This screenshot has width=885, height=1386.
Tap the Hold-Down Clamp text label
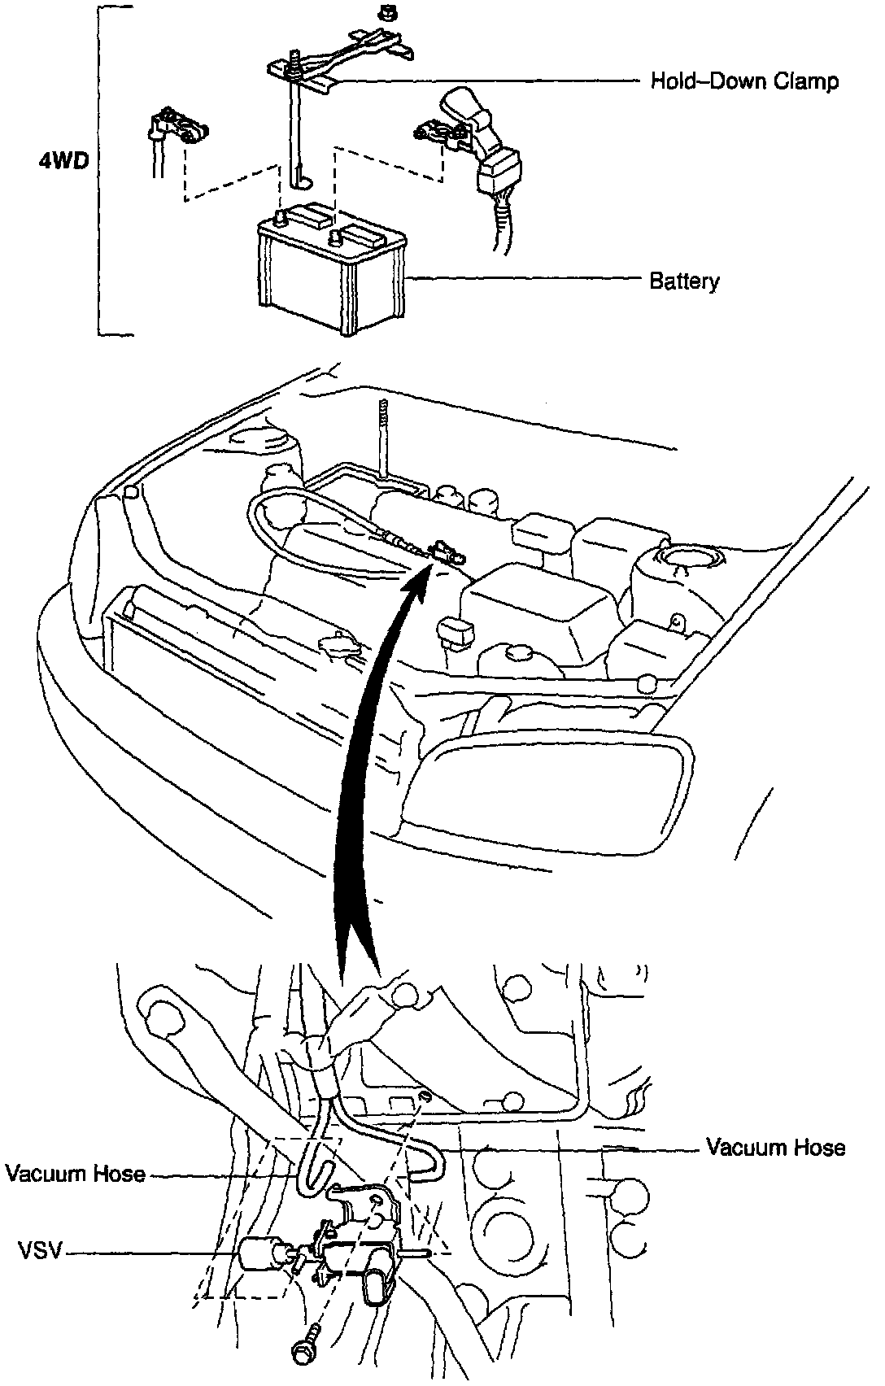pos(743,81)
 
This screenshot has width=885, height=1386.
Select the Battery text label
pos(684,281)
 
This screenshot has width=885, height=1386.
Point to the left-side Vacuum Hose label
pos(75,1174)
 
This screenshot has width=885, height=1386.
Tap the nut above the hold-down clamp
pos(387,12)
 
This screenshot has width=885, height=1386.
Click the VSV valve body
pos(354,1253)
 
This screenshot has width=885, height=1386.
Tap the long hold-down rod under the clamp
pos(294,130)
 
